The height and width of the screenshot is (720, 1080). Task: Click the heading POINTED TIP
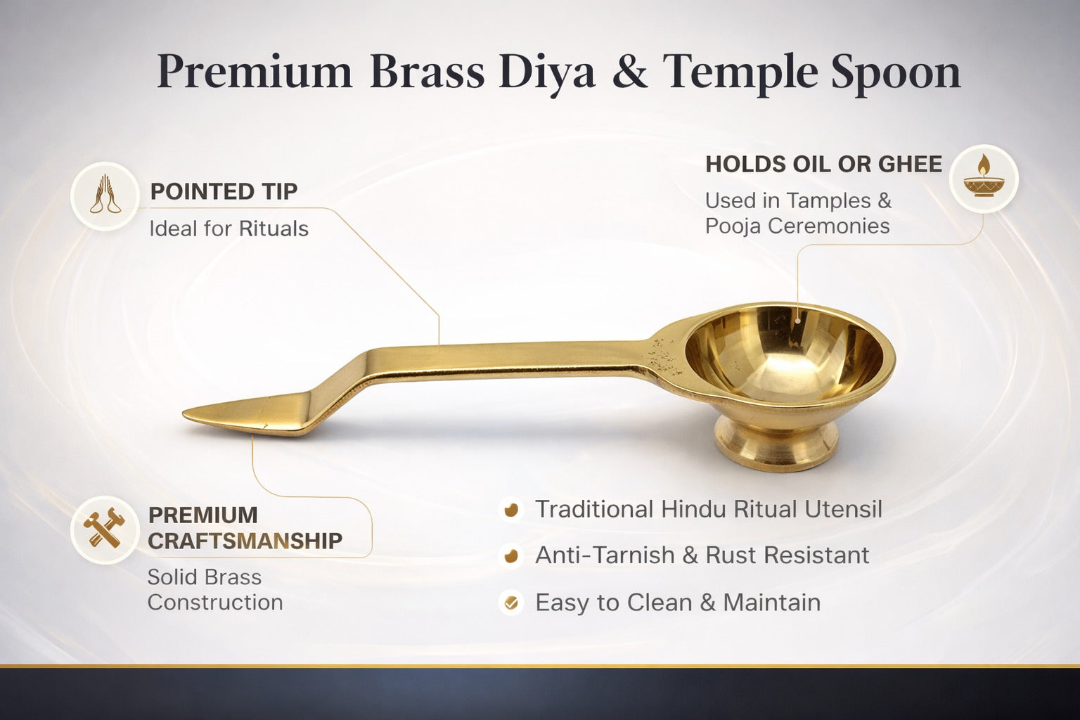click(224, 191)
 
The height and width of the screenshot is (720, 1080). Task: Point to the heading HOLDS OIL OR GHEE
click(823, 165)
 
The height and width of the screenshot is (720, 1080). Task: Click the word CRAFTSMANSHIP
click(245, 541)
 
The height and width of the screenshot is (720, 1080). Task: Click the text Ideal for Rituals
click(229, 229)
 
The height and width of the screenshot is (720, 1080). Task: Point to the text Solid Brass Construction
click(214, 589)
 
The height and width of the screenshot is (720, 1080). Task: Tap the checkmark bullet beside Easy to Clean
click(511, 603)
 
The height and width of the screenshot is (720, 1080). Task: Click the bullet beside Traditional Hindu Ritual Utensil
click(511, 509)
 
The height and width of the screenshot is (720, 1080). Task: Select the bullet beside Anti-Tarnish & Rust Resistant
click(511, 555)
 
